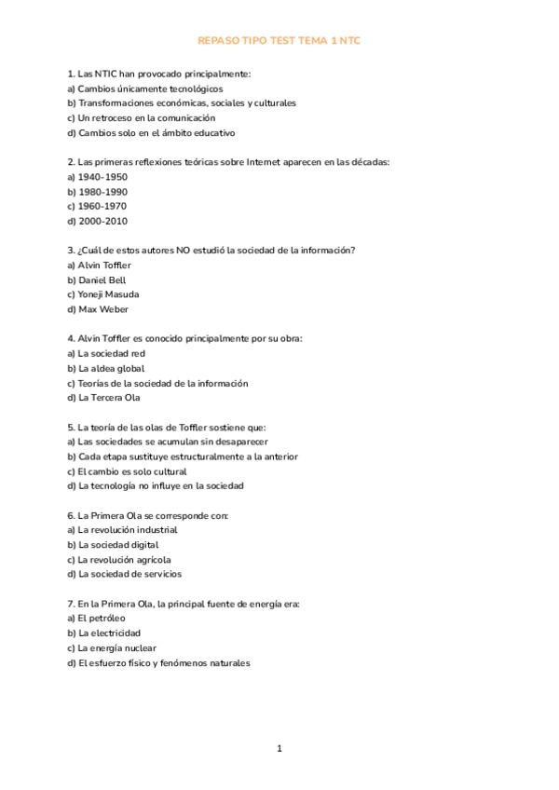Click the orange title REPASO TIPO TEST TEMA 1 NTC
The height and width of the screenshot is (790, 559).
pos(279,42)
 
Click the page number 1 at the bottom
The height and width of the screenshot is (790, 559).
pos(279,748)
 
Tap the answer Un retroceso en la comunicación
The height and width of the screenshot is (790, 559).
pos(140,118)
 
